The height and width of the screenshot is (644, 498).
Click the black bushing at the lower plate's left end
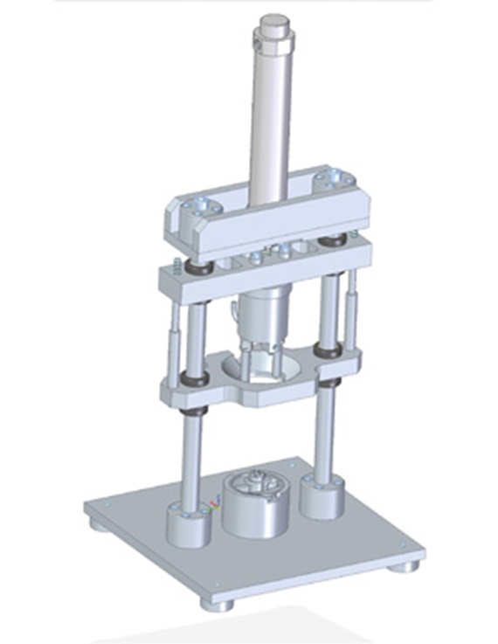coord(194,381)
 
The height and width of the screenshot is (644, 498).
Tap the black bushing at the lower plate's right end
coord(330,351)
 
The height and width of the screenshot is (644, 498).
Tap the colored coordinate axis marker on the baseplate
coord(214,504)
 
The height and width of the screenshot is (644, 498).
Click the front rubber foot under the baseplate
coord(215,604)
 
